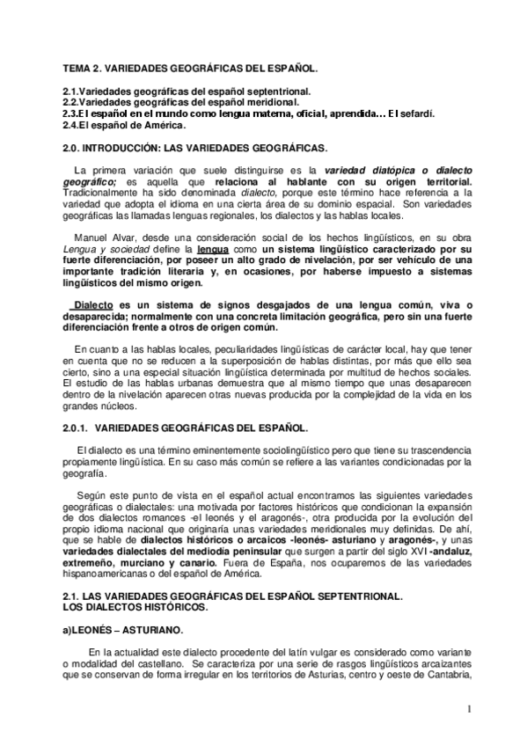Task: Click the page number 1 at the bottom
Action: point(470,708)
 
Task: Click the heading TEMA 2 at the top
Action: point(190,68)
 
